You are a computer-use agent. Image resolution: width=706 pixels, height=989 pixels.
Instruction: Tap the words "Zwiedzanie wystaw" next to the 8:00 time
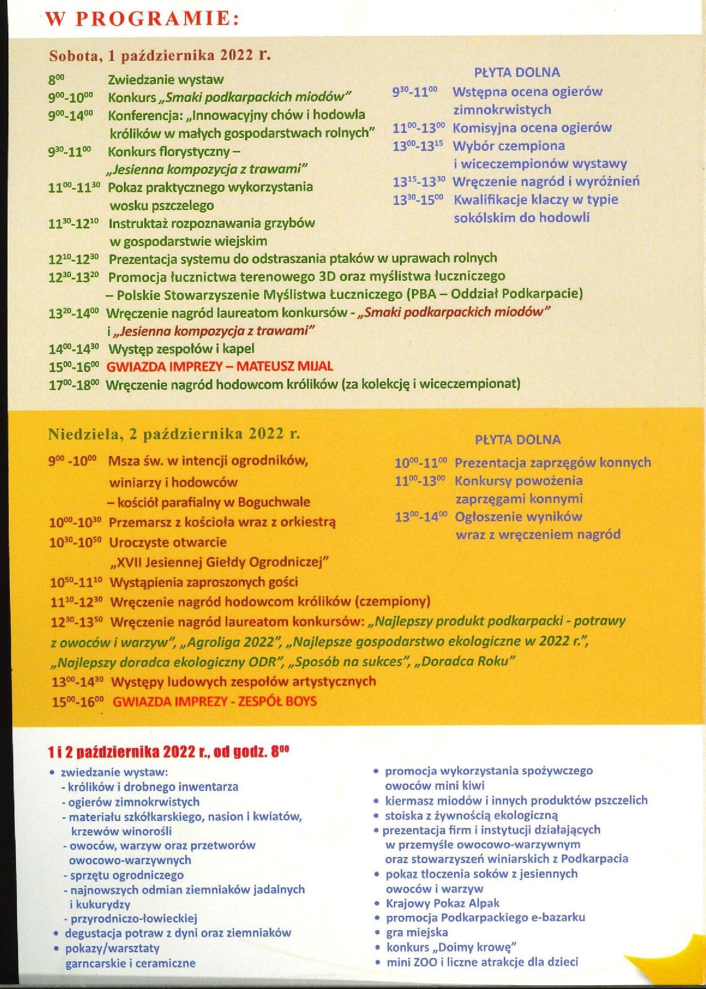tap(166, 80)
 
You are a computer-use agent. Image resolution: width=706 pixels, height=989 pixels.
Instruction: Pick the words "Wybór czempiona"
tap(509, 145)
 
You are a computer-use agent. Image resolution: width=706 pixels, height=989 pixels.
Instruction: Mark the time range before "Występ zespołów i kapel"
tap(74, 349)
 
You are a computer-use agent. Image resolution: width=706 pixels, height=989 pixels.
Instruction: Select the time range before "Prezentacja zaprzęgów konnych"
tap(421, 463)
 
